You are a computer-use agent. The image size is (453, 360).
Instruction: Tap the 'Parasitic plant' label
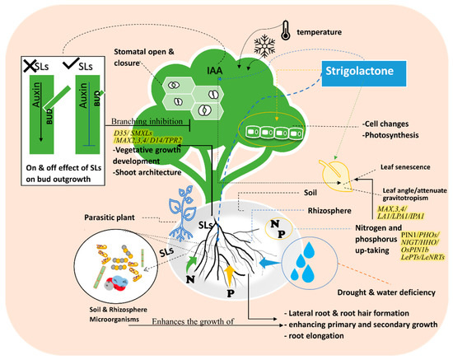click(110, 218)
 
